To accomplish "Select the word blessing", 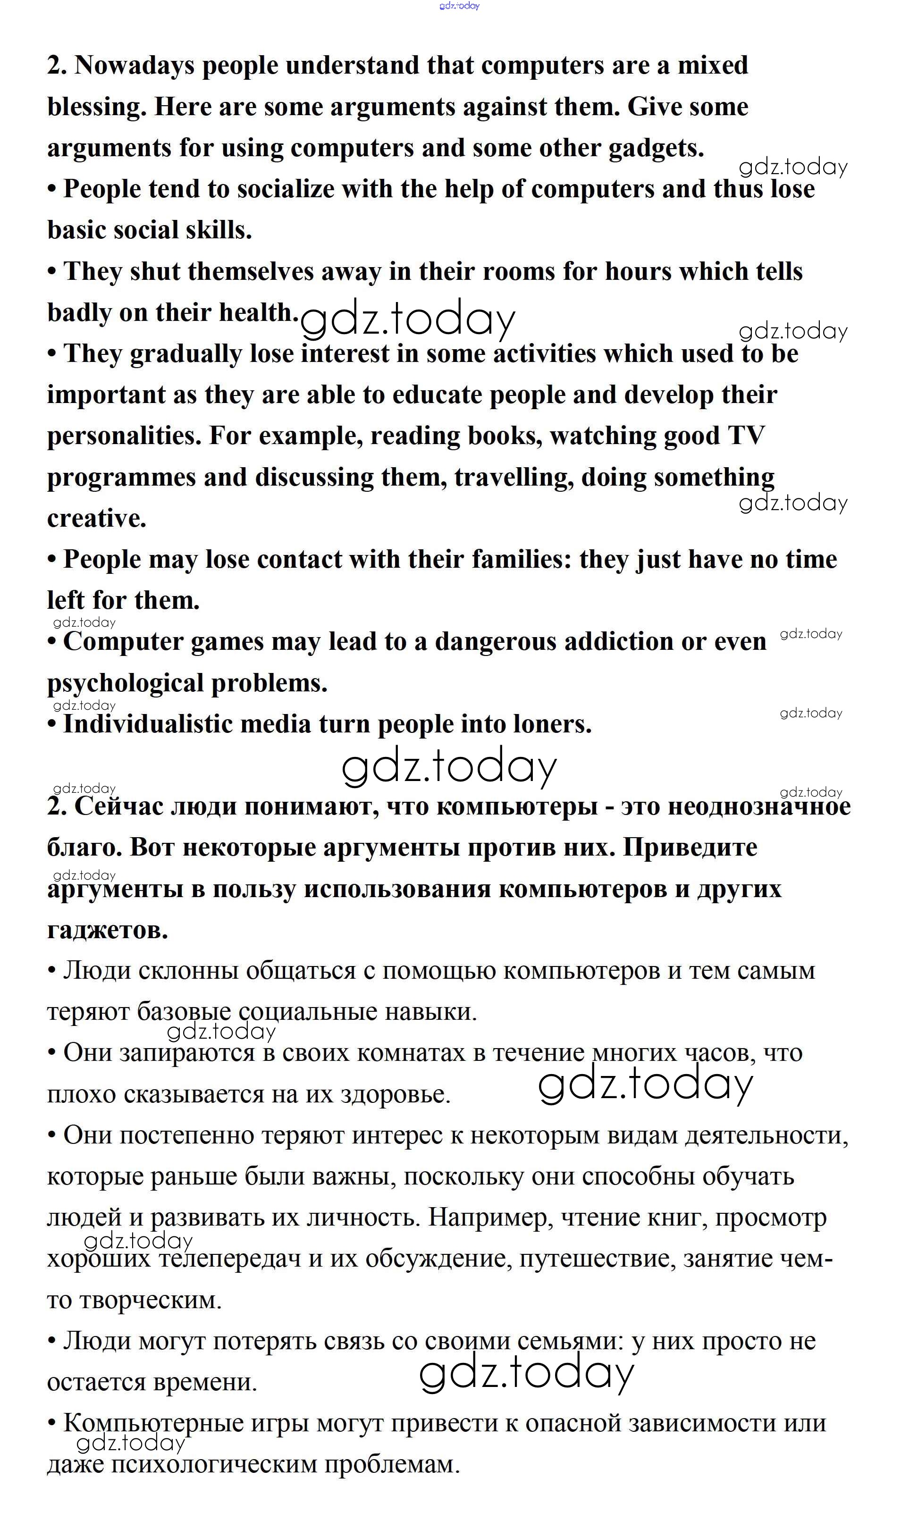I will (x=96, y=107).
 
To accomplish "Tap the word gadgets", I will (x=656, y=149).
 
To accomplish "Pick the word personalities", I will (x=124, y=436).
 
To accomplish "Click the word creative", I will (x=96, y=518).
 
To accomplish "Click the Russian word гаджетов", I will (x=107, y=930).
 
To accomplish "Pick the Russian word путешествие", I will (x=597, y=1258).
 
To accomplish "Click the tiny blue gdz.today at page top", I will (x=459, y=6).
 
